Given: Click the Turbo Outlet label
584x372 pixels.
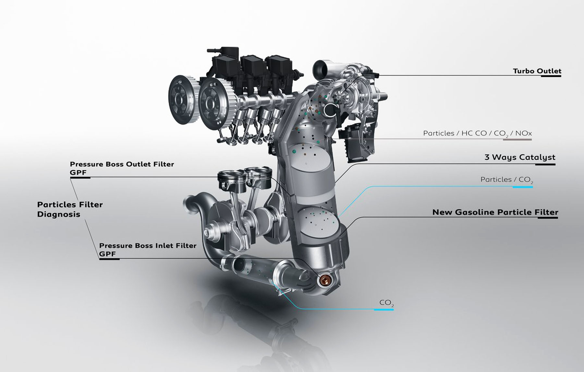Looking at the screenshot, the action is [537, 71].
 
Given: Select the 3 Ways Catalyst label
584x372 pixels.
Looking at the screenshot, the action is [520, 157].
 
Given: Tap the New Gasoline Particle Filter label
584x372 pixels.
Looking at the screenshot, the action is [495, 212].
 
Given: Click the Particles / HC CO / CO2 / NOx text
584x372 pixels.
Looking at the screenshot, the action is [477, 133].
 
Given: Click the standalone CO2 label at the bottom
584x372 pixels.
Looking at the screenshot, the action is [387, 303].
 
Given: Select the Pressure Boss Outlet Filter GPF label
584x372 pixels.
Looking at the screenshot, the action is [122, 168].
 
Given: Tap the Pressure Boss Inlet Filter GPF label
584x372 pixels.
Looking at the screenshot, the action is [148, 250].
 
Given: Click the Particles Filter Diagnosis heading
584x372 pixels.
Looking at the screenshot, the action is [70, 209].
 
